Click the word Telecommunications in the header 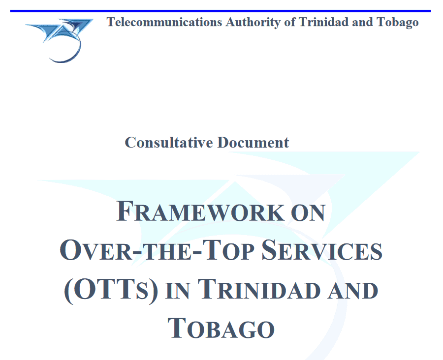pos(164,22)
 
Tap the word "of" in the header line pos(290,22)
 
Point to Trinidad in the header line pos(323,22)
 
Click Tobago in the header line pos(398,23)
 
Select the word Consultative pos(169,142)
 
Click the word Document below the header pos(253,142)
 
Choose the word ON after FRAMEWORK pos(308,212)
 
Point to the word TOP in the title pos(228,250)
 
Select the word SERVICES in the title pos(322,250)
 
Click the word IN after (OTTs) pos(177,291)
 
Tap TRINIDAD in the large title pos(259,289)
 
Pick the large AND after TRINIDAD pos(353,291)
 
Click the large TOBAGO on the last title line pos(221,329)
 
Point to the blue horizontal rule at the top pos(221,11)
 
